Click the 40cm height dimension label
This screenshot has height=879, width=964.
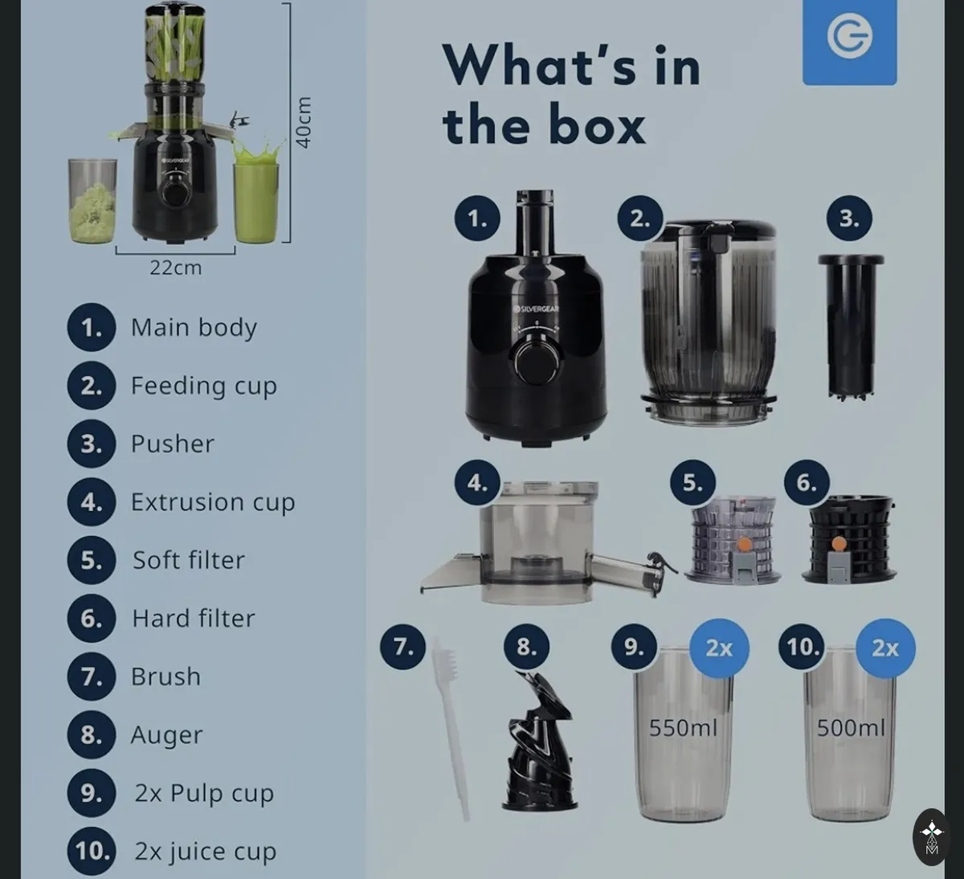(x=303, y=123)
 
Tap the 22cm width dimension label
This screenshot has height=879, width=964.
(x=176, y=268)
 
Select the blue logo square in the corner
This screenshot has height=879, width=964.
(x=850, y=42)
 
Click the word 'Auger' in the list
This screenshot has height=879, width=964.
(x=167, y=734)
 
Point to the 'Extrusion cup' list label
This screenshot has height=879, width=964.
(x=213, y=502)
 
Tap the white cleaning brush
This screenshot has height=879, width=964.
(x=451, y=728)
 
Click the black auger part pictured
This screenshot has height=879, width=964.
(x=539, y=742)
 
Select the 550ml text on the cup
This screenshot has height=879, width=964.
(x=683, y=727)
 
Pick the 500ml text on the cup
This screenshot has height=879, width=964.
(x=851, y=727)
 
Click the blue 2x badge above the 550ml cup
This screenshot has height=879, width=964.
(x=719, y=648)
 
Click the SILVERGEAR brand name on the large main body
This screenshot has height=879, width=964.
(x=537, y=309)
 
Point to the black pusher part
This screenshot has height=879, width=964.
(x=851, y=328)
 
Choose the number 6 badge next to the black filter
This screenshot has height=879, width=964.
(x=807, y=482)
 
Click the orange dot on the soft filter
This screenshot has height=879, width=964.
(x=745, y=545)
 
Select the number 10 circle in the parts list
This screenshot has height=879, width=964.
(x=92, y=851)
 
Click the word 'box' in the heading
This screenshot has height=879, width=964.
(x=597, y=124)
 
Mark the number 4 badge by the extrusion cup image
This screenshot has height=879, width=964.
(x=477, y=482)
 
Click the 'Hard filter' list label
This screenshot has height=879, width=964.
(x=193, y=619)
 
